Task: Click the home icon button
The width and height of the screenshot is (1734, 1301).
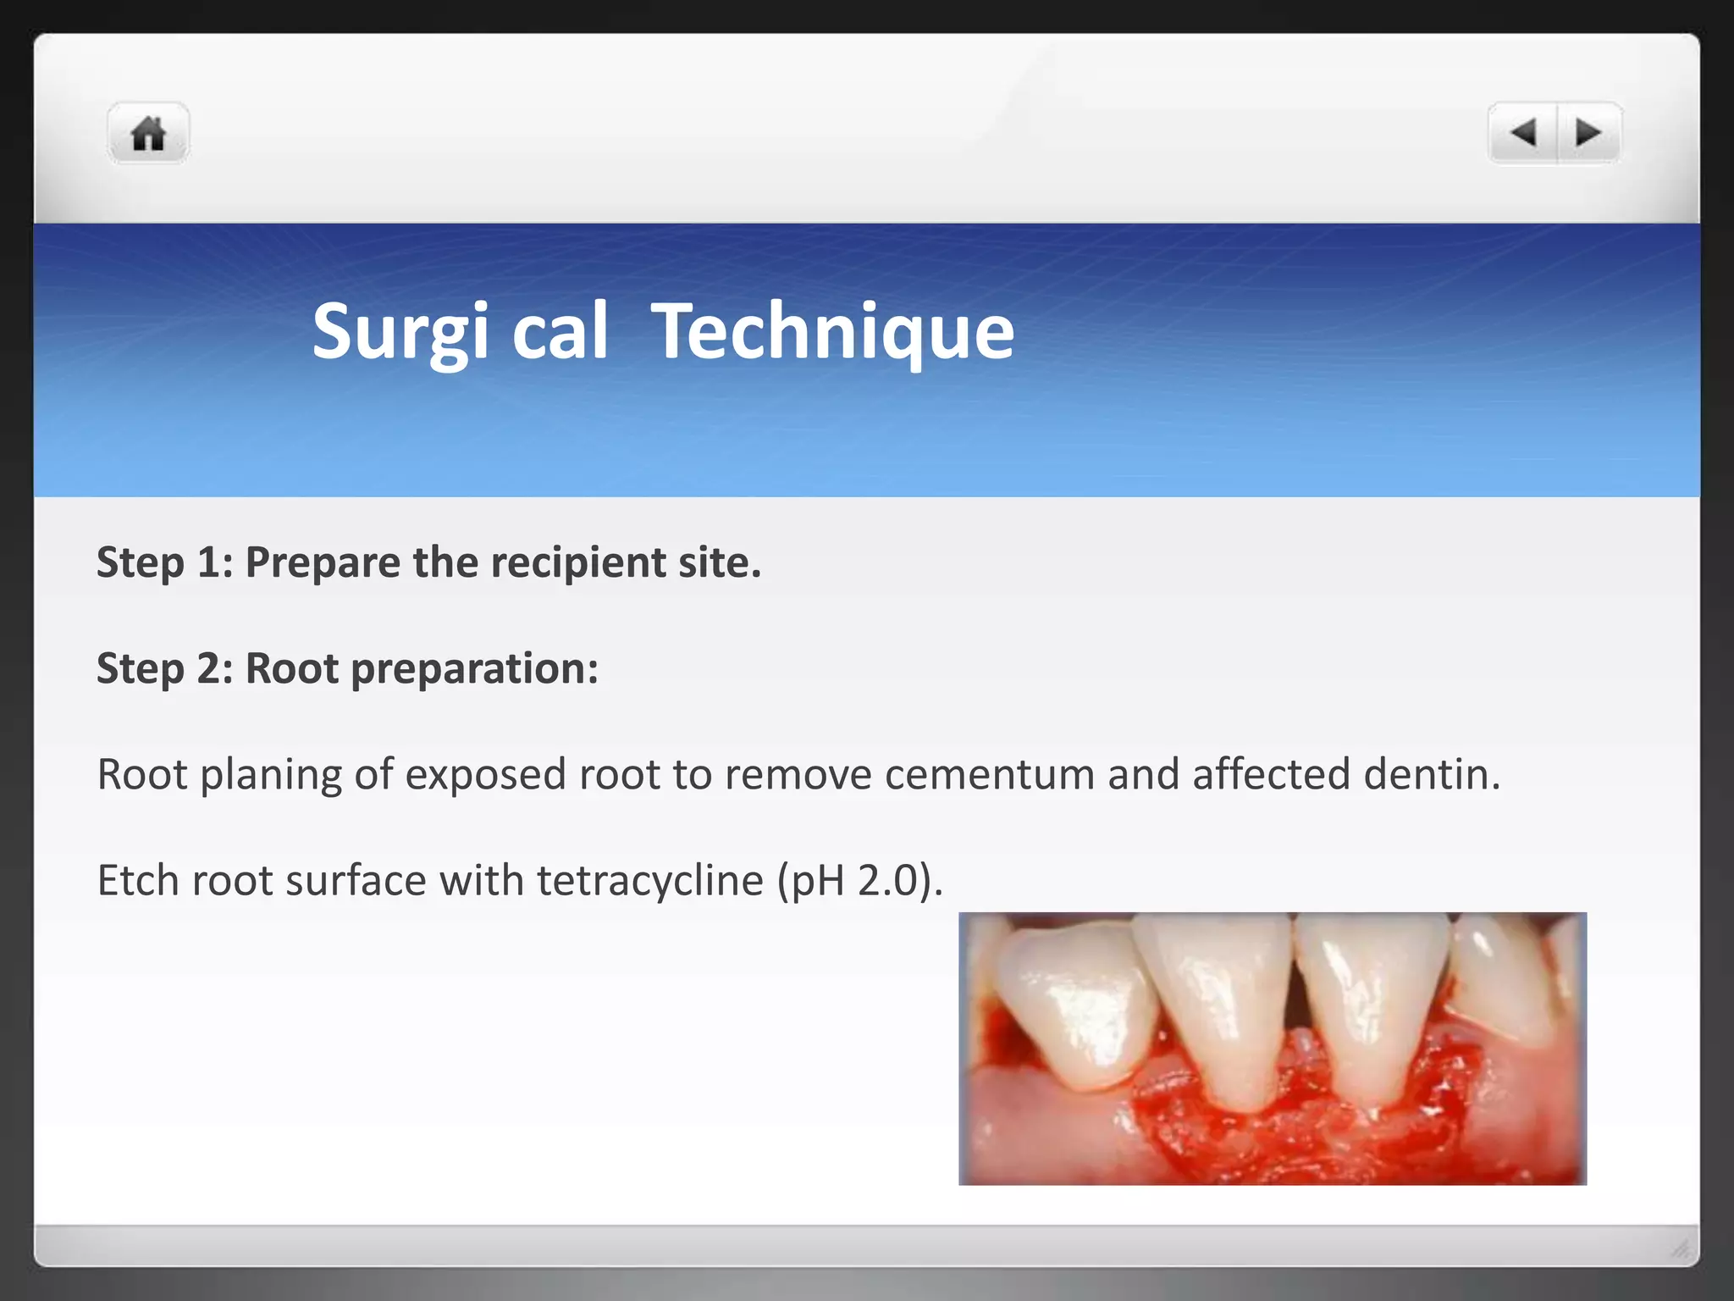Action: pyautogui.click(x=148, y=134)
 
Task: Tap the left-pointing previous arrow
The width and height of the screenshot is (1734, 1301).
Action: pyautogui.click(x=1523, y=133)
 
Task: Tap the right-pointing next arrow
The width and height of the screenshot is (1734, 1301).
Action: pyautogui.click(x=1588, y=133)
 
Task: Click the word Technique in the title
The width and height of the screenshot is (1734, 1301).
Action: pyautogui.click(x=832, y=332)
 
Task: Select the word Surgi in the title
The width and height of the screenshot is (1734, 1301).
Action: pyautogui.click(x=400, y=332)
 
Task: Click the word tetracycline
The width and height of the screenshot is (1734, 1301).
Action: pyautogui.click(x=649, y=881)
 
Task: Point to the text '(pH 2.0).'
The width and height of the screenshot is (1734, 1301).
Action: pyautogui.click(x=859, y=881)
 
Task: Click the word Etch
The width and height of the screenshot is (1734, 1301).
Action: pyautogui.click(x=138, y=881)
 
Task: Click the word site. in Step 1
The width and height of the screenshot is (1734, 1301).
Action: pyautogui.click(x=719, y=562)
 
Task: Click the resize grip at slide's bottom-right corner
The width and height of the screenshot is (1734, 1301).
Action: pyautogui.click(x=1681, y=1248)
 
